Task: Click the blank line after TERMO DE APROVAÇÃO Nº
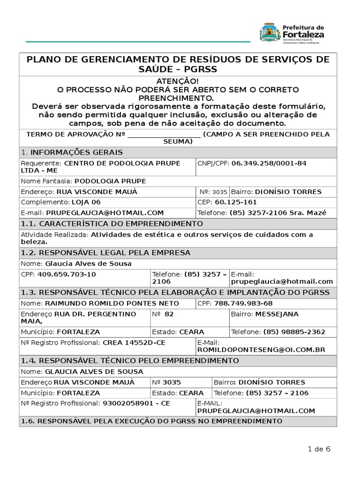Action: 164,135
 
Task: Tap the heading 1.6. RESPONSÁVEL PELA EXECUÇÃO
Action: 151,421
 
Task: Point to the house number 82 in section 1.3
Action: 169,314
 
